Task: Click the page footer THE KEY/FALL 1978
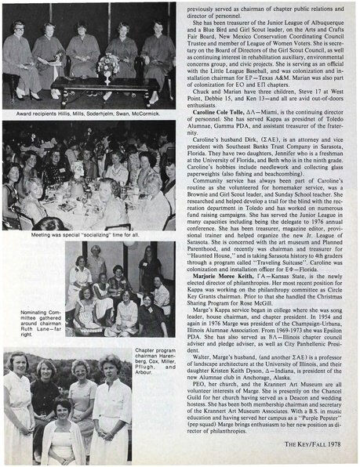320,449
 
